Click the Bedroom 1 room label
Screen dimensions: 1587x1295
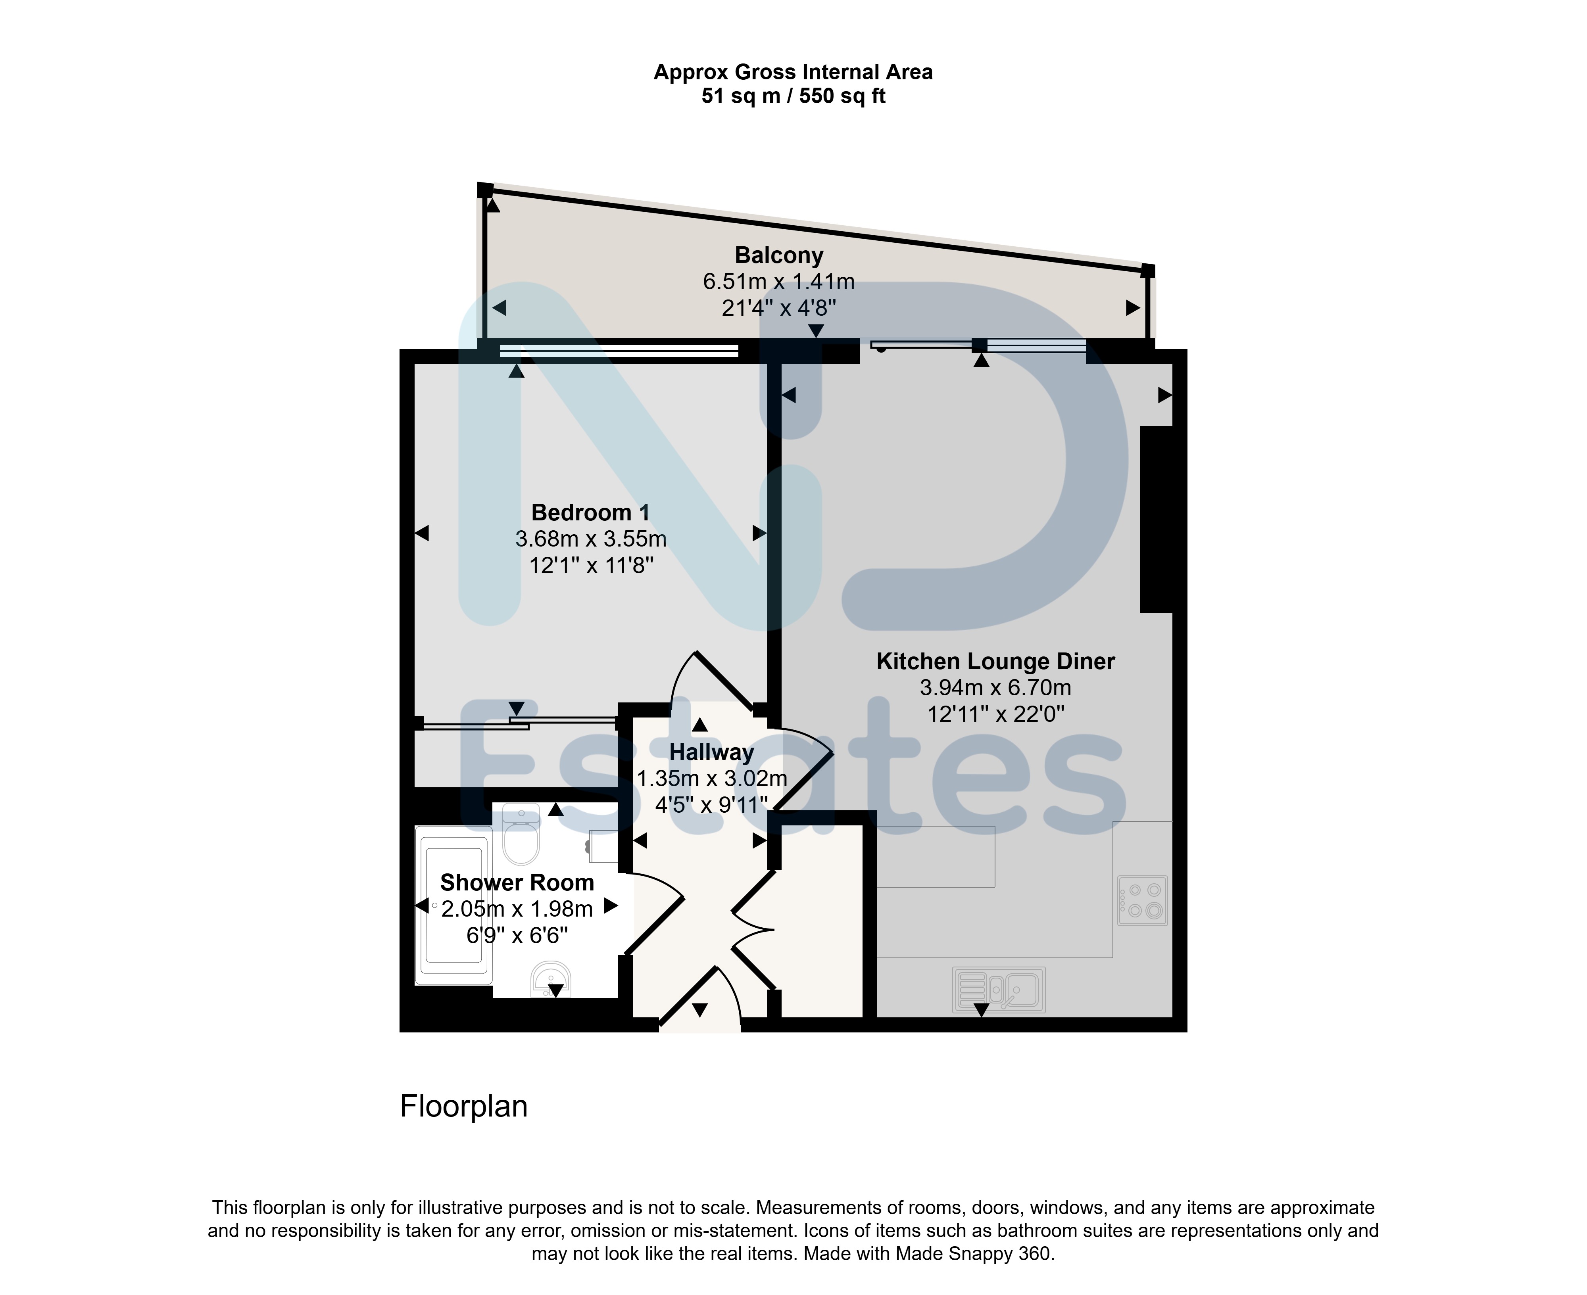[x=590, y=512]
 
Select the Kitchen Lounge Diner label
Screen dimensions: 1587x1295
[x=995, y=662]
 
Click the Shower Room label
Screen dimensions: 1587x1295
[x=517, y=883]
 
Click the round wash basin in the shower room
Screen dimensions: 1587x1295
[x=551, y=979]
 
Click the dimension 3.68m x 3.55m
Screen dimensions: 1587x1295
[x=591, y=539]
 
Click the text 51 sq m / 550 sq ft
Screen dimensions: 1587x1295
[x=793, y=96]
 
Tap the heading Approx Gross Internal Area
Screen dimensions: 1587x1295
[x=793, y=72]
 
